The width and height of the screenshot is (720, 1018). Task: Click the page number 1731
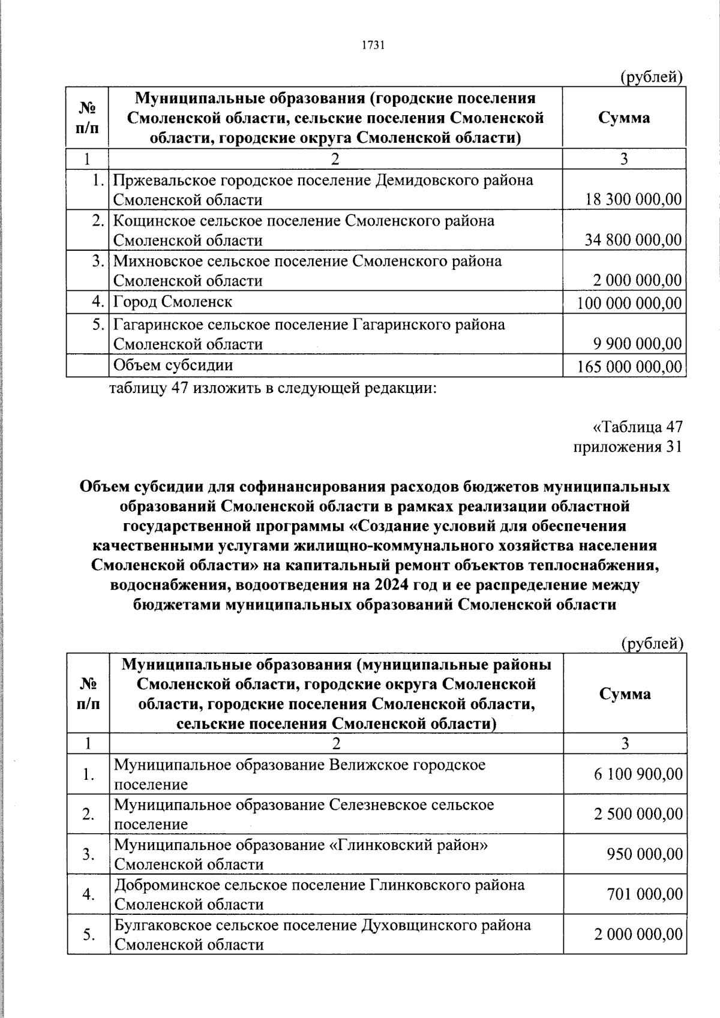click(373, 46)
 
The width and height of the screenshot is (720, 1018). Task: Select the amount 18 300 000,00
click(634, 200)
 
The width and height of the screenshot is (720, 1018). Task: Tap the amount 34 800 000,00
click(634, 241)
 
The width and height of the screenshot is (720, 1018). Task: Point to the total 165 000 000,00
click(629, 366)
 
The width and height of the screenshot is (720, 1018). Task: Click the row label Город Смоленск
click(173, 302)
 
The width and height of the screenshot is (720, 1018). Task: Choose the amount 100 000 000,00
click(629, 304)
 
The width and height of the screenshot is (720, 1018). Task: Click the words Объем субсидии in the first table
click(173, 365)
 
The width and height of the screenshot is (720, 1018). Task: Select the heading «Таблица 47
click(637, 427)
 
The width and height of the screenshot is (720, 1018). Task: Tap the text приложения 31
click(628, 447)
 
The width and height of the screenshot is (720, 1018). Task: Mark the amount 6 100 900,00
click(638, 774)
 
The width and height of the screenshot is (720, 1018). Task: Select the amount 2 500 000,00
click(638, 814)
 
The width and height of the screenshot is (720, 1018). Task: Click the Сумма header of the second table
click(625, 694)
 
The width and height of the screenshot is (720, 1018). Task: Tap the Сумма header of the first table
click(624, 118)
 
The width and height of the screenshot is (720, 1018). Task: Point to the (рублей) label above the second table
click(652, 644)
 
